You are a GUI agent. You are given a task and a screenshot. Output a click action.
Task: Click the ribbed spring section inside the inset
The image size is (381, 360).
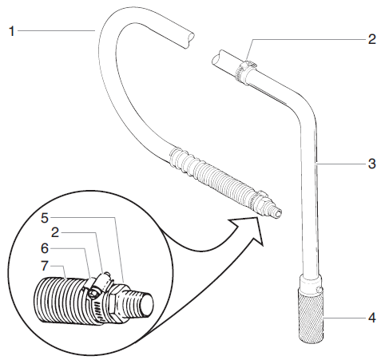(x=60, y=299)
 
